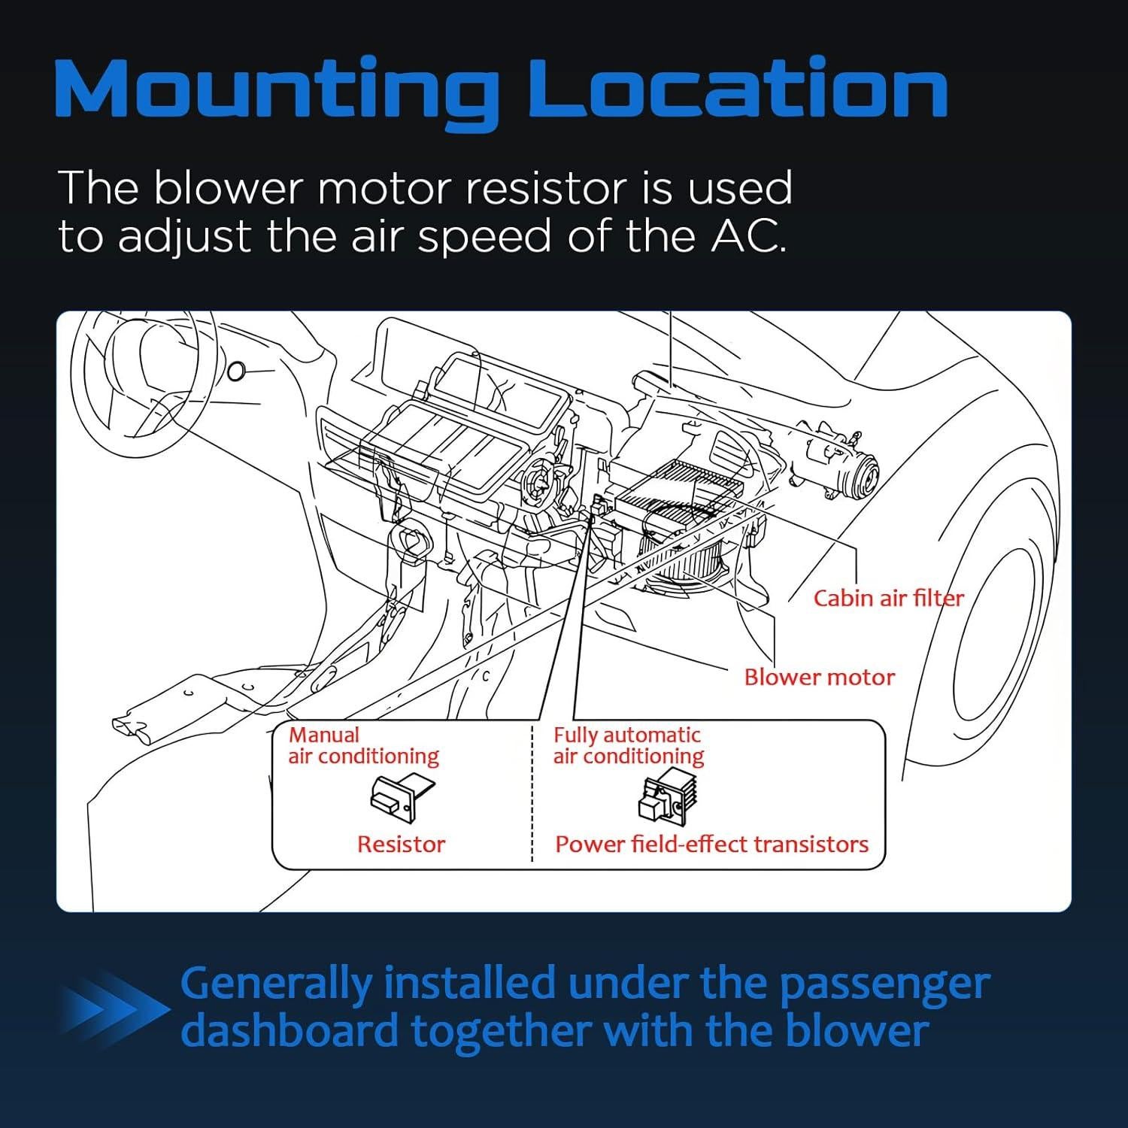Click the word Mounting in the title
tap(275, 92)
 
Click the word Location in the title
tap(738, 88)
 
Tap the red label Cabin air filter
tap(888, 598)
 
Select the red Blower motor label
tap(820, 677)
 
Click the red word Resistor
tap(401, 844)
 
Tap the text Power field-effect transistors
tap(711, 844)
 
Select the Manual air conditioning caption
tap(363, 745)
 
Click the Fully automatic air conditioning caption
tap(628, 745)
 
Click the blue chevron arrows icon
tap(114, 1009)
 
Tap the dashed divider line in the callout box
tap(532, 793)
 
